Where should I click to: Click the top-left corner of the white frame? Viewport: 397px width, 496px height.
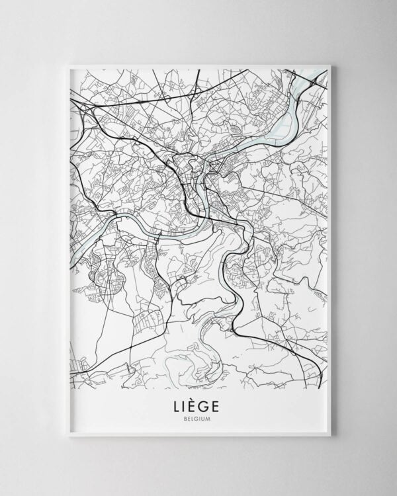pos(67,65)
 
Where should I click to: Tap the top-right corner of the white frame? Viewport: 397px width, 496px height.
pos(330,65)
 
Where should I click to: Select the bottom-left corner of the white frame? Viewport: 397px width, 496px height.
pos(67,436)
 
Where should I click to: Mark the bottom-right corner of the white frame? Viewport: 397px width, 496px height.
pos(330,436)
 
